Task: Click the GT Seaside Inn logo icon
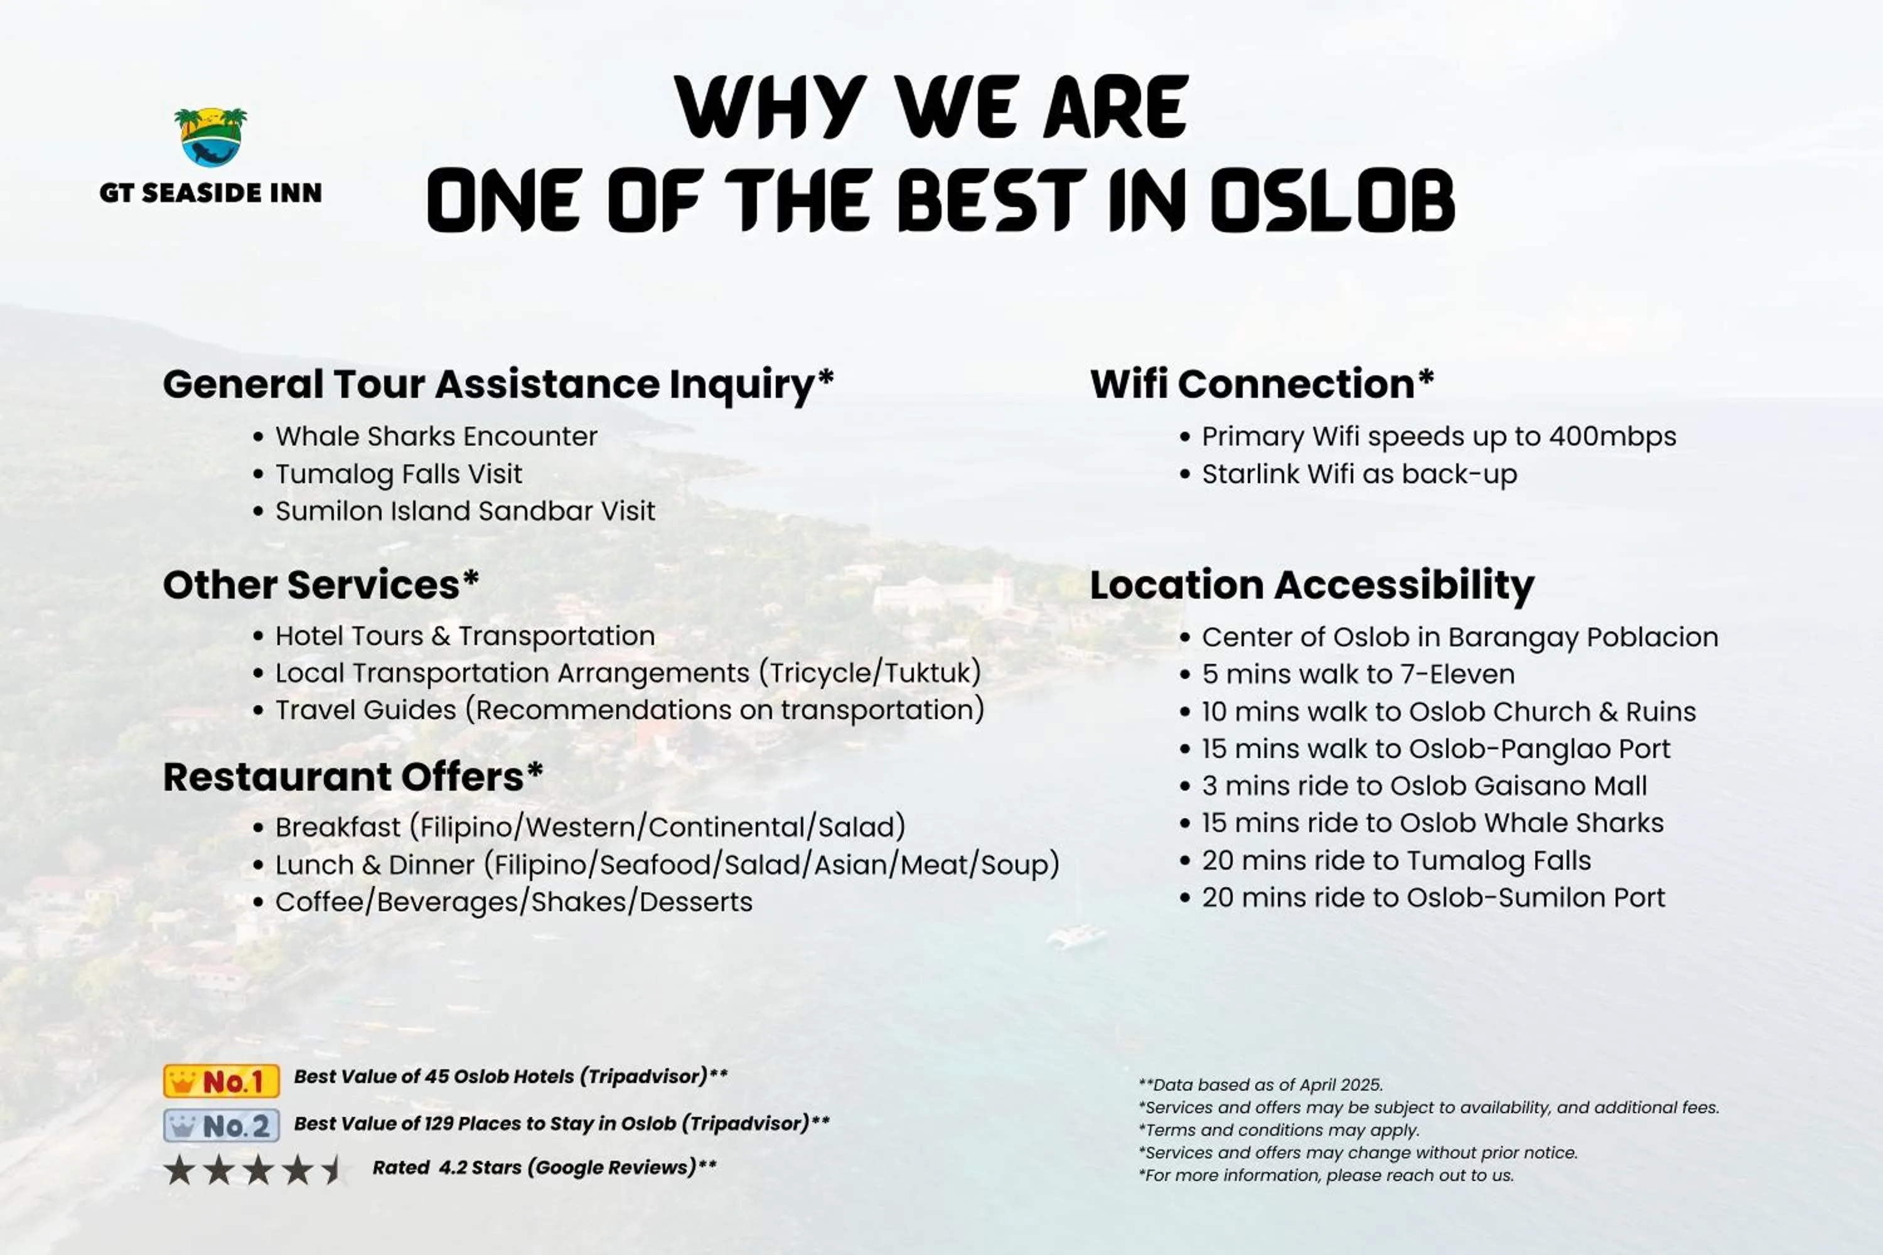click(210, 137)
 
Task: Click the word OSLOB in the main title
click(1332, 200)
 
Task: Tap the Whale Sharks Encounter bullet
click(436, 436)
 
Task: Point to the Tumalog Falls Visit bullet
click(399, 474)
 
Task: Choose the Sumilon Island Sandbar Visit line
click(465, 511)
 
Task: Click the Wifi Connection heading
click(1262, 383)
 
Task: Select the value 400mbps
click(1612, 437)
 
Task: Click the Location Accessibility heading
click(1312, 585)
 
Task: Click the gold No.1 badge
click(222, 1081)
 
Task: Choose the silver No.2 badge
click(222, 1125)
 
